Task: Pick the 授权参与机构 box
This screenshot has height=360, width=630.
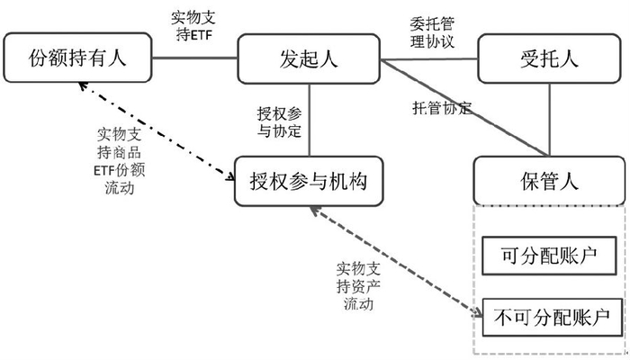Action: (310, 177)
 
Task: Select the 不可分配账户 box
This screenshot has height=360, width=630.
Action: (551, 317)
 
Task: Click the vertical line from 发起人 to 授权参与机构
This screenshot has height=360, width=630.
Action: (310, 118)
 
